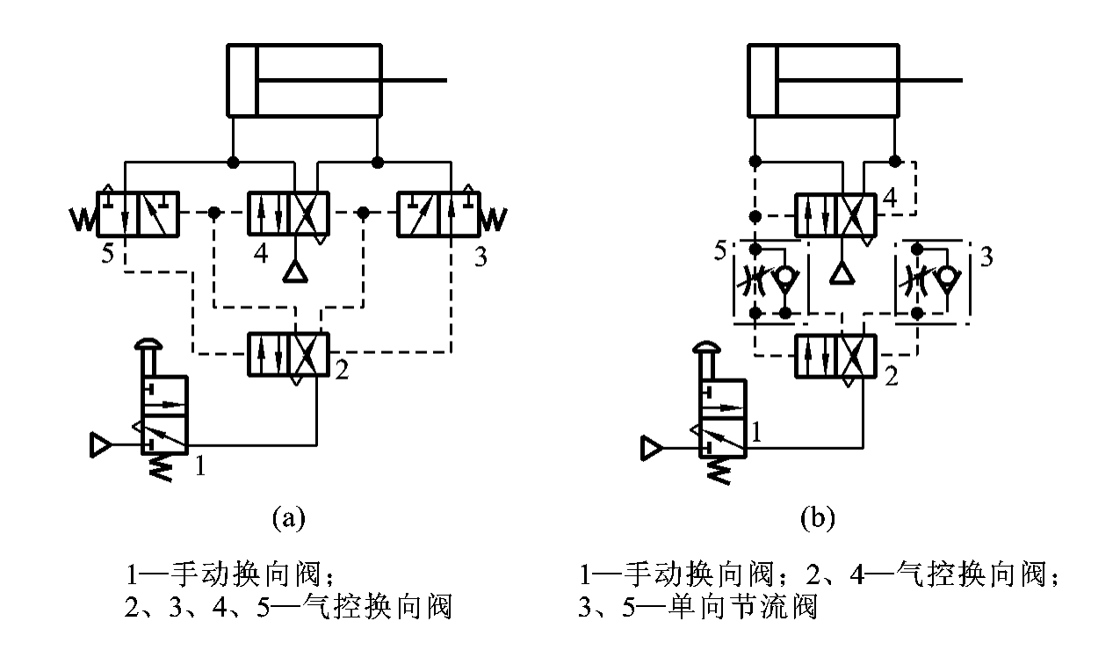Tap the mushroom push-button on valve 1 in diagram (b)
710,350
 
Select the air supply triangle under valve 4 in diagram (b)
842,273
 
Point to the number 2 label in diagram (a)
342,371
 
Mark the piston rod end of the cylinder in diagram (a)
444,81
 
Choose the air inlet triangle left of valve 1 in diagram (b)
653,449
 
